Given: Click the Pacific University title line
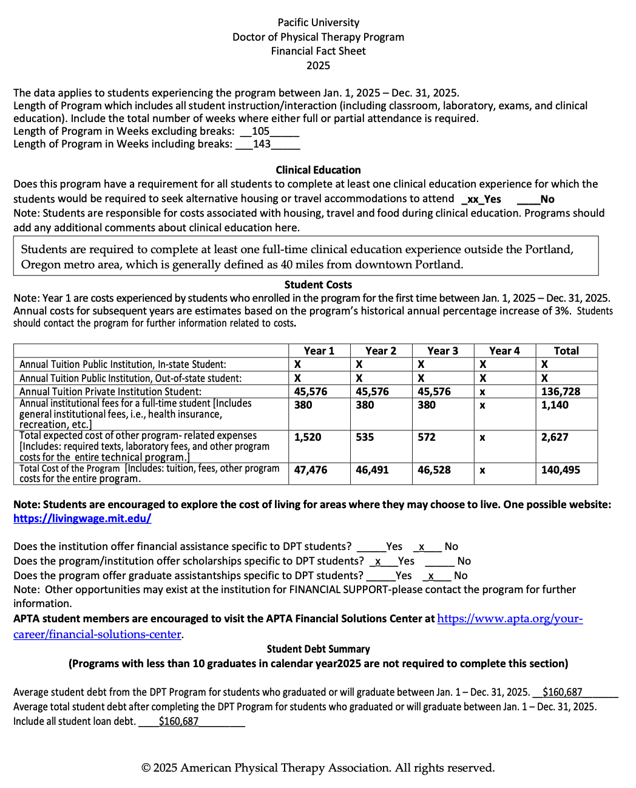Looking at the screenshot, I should coord(318,22).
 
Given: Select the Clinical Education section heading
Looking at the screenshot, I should coord(318,170).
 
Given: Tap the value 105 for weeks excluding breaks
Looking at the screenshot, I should coord(260,131).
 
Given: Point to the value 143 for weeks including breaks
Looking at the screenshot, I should coord(262,144).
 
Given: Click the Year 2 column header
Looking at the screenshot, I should coord(381,351).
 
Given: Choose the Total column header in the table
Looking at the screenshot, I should coord(566,351).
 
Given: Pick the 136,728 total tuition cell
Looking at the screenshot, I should coord(560,392).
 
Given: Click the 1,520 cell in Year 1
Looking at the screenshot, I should coord(307,437).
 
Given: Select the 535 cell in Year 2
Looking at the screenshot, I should coord(365,437).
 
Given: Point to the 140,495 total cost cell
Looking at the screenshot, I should coord(560,470).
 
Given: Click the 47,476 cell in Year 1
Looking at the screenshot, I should coord(310,470).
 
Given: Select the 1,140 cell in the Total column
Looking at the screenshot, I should coord(555,405).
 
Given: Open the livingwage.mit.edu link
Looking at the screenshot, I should coord(82,518).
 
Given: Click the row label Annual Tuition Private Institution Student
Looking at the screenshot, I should coord(110,392).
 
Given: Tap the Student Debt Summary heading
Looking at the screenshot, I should coord(318,649).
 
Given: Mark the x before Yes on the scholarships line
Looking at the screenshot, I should coord(378,562).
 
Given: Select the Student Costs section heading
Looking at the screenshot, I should coord(318,285).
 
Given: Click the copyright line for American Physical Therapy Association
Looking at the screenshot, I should coord(318,768).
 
